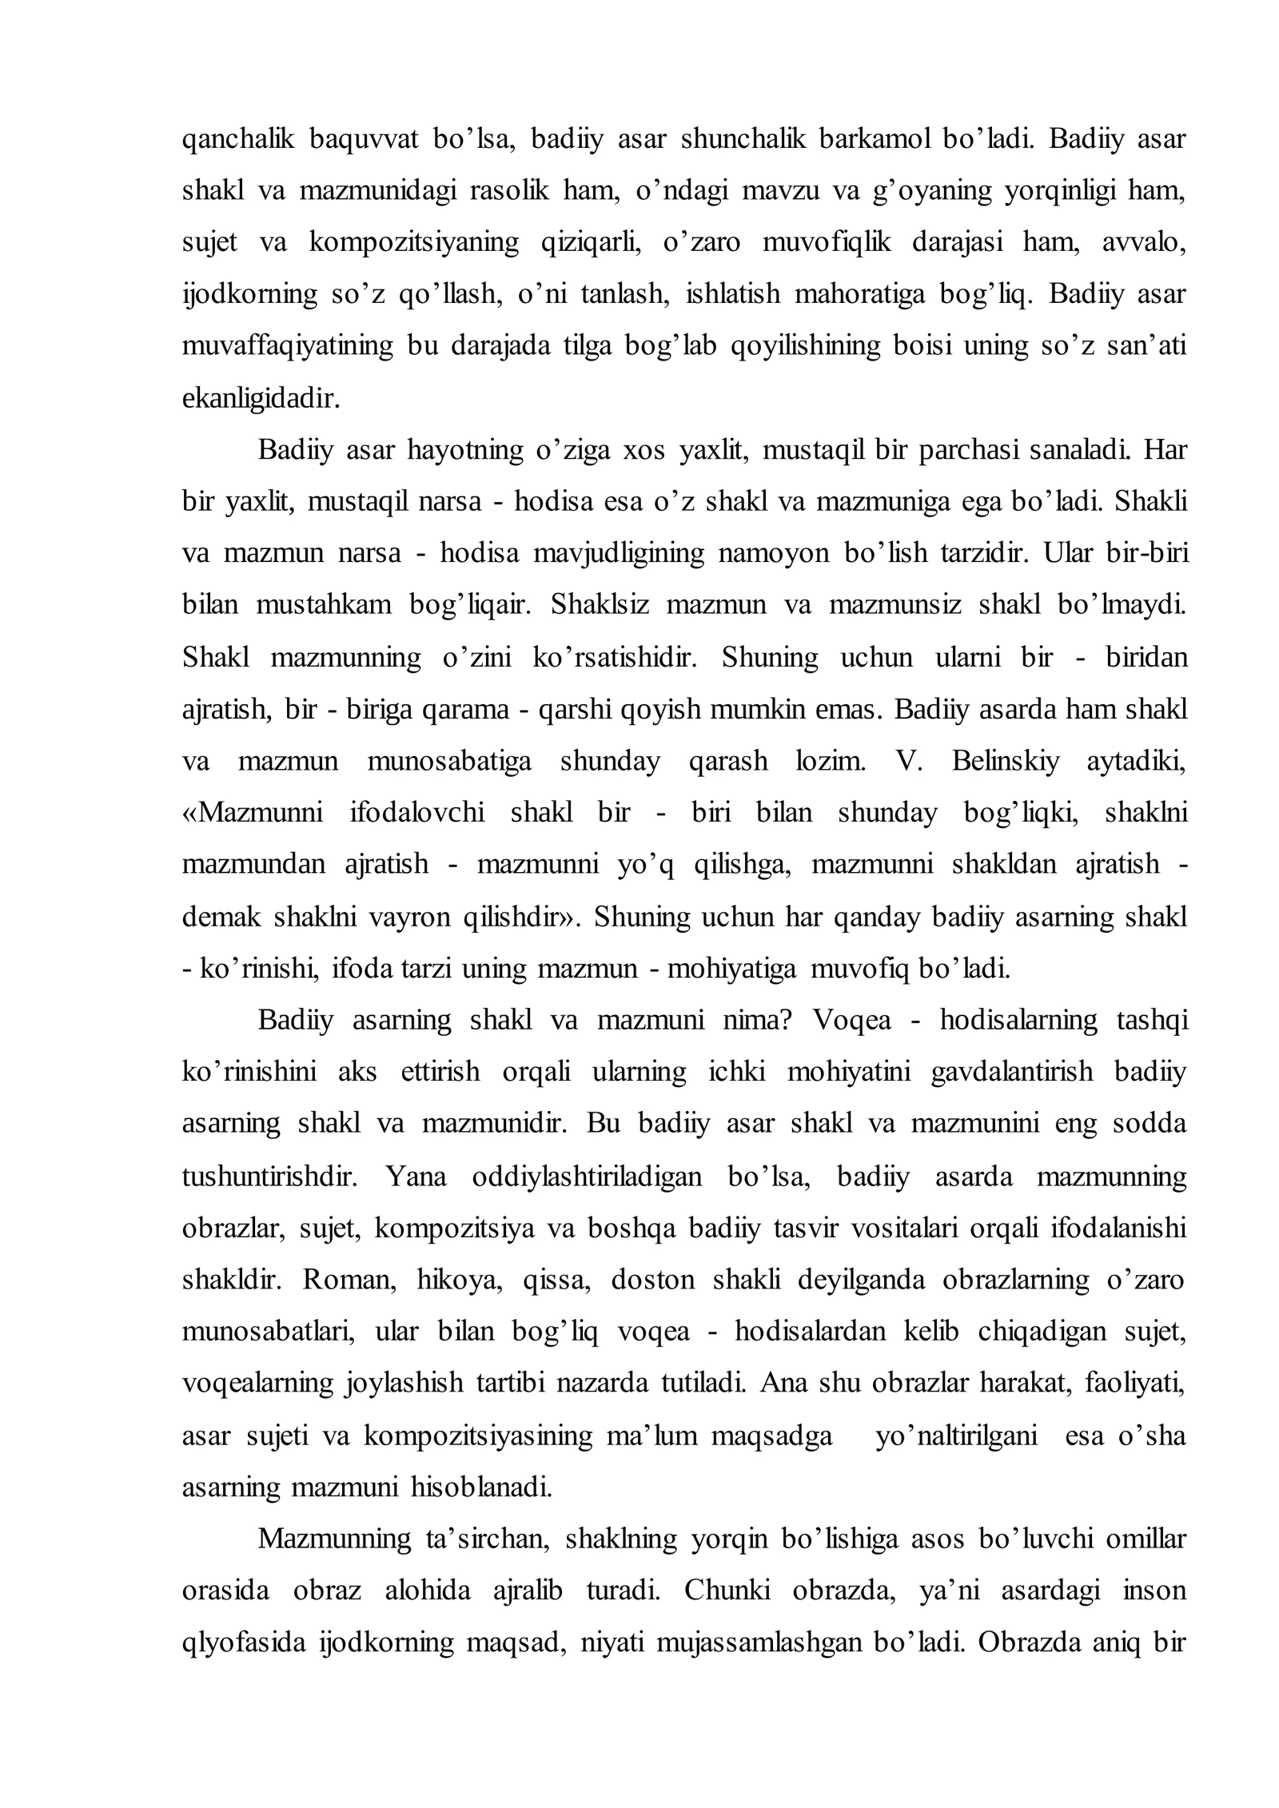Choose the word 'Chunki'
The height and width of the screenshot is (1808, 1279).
point(727,1591)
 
